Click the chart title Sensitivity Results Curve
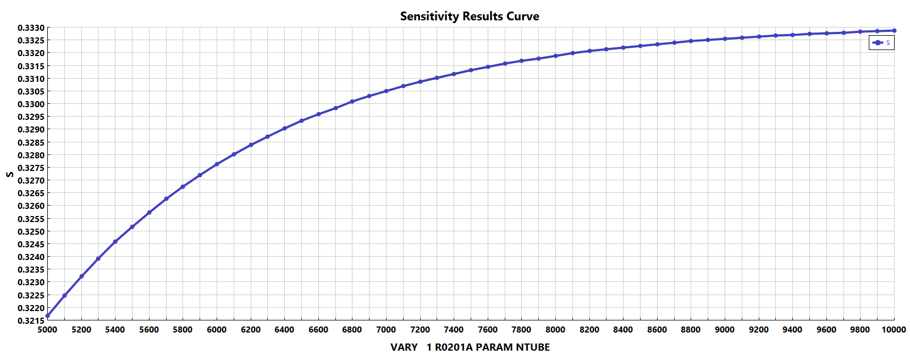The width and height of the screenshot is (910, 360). (x=469, y=16)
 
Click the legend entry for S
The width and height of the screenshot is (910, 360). (x=881, y=42)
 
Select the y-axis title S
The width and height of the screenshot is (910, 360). (x=9, y=174)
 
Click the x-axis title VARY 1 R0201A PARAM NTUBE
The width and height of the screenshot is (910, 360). (x=470, y=347)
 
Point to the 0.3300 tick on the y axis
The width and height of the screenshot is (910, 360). (x=31, y=104)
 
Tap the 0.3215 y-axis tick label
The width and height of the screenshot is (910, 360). (x=31, y=320)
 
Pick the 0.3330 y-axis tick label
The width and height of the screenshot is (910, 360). (x=31, y=27)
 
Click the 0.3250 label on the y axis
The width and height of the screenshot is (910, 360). (x=31, y=231)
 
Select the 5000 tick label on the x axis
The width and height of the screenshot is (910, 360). (x=48, y=330)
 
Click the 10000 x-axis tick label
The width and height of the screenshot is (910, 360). (x=894, y=330)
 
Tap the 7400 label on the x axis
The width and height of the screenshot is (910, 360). (x=454, y=330)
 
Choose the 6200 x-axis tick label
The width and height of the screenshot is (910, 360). (x=251, y=330)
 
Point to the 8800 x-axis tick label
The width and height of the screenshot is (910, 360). (x=691, y=330)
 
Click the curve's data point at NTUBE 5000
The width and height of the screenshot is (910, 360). (x=48, y=316)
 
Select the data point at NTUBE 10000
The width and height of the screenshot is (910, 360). (x=894, y=31)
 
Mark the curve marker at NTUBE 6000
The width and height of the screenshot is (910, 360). (x=217, y=164)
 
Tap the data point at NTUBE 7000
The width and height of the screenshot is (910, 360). (x=386, y=91)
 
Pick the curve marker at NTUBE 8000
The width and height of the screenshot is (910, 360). (x=555, y=56)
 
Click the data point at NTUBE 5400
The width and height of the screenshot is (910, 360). (x=115, y=242)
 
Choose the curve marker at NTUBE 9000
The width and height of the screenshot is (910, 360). (x=725, y=39)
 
